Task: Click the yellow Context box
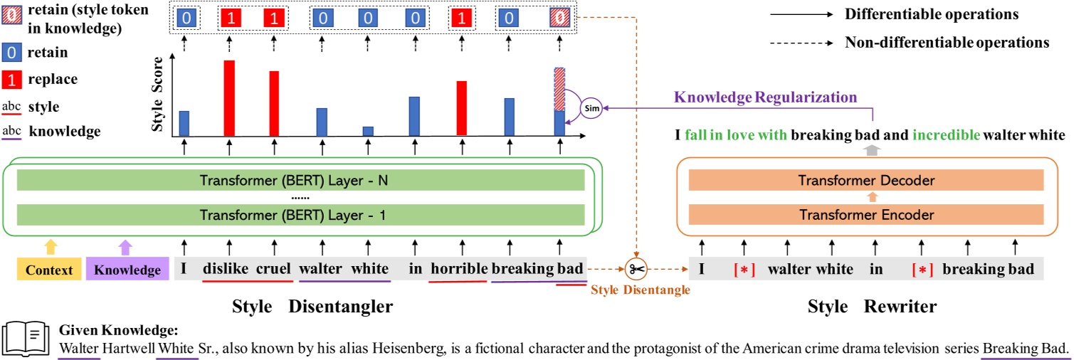[x=48, y=270]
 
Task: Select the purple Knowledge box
[x=127, y=270]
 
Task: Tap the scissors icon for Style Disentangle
[x=636, y=270]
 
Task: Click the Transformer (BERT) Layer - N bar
[x=300, y=181]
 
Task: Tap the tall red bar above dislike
[x=229, y=98]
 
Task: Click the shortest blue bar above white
[x=368, y=131]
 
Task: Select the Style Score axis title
[x=159, y=100]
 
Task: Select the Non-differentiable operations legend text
[x=947, y=43]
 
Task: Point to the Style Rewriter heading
[x=872, y=307]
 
